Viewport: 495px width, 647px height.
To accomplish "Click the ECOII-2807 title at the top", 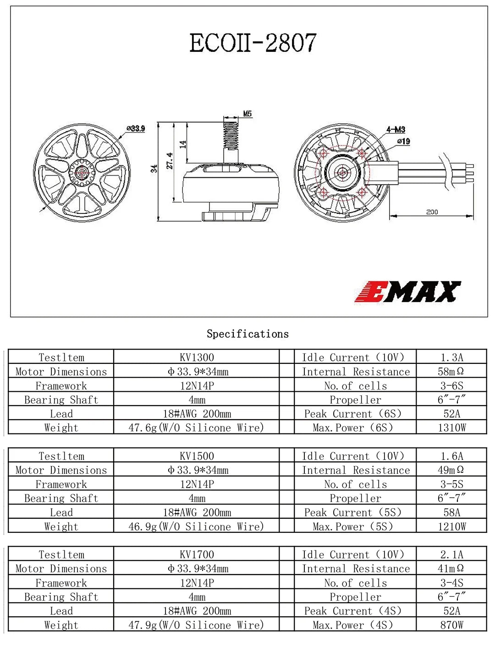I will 253,43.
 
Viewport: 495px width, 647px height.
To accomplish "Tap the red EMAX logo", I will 407,292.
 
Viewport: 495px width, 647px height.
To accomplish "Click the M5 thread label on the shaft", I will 247,114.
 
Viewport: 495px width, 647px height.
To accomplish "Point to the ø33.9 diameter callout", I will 136,129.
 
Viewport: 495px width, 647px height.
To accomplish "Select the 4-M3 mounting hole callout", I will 396,130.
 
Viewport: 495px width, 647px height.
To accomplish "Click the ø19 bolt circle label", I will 403,142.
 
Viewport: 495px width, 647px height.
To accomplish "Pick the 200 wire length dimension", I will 432,212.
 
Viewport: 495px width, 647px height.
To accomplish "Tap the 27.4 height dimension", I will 170,161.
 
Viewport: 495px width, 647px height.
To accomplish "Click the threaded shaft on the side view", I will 231,135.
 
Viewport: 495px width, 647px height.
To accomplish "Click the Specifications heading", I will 247,334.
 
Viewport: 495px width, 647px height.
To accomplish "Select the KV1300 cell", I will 197,357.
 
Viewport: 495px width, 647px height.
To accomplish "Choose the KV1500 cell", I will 197,456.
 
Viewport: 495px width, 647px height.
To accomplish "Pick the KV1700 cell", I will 197,554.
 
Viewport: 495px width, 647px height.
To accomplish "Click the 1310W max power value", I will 451,428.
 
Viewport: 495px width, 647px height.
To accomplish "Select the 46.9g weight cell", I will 196,526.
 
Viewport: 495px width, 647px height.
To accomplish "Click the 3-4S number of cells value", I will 451,583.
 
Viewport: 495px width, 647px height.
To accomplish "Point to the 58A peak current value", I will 451,512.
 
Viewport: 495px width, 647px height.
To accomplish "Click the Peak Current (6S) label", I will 353,414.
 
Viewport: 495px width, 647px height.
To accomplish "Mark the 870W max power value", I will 451,625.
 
